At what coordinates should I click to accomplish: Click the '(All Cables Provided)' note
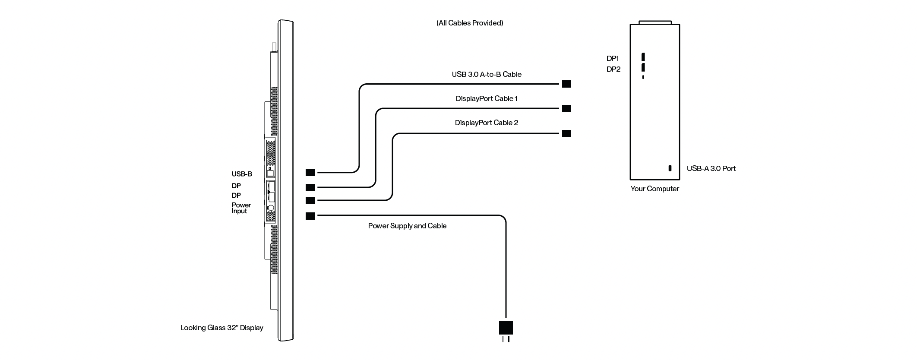click(x=470, y=23)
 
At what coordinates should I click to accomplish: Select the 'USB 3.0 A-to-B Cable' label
click(x=487, y=74)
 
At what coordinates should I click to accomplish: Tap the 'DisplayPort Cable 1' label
click(x=487, y=98)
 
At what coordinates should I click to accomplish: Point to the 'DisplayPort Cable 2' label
click(x=487, y=123)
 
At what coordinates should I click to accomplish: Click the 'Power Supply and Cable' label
click(x=407, y=226)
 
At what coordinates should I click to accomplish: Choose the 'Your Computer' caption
click(x=655, y=189)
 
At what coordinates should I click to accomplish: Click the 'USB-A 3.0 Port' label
click(x=711, y=168)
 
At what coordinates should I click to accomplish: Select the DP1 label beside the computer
click(x=613, y=58)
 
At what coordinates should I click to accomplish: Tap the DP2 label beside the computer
click(x=613, y=69)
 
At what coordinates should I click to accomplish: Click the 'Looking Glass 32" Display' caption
click(x=221, y=328)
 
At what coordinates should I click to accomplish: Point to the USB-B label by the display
click(x=242, y=174)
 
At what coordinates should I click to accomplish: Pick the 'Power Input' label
click(x=241, y=208)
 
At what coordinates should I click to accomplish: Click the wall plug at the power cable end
click(x=506, y=329)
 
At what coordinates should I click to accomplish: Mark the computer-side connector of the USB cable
click(x=566, y=84)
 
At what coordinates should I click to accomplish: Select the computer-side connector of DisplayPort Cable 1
click(x=566, y=108)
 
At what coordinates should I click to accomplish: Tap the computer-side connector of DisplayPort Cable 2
click(x=566, y=133)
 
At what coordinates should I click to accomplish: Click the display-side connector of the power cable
click(x=310, y=216)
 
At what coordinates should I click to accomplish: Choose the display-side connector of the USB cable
click(x=310, y=173)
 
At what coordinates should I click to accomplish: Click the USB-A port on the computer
click(x=670, y=168)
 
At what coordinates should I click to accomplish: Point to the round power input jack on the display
click(x=271, y=208)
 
